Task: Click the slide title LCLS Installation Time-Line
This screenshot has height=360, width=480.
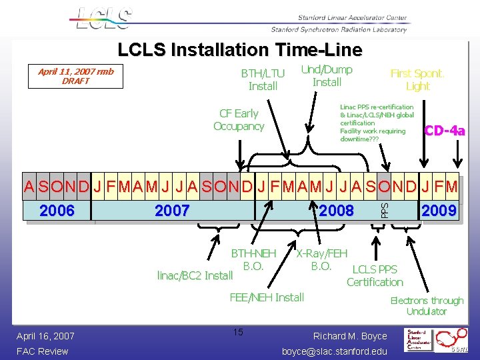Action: [240, 50]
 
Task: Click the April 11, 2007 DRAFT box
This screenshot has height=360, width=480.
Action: [75, 76]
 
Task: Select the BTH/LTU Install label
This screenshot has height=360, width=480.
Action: [263, 79]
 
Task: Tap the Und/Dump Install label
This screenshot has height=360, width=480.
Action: [327, 76]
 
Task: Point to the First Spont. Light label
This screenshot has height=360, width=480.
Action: [417, 79]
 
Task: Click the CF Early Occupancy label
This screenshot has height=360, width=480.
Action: [239, 120]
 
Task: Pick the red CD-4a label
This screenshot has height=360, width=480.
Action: [445, 131]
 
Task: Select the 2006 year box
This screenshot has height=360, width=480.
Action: [57, 211]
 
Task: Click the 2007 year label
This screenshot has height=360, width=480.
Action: [172, 211]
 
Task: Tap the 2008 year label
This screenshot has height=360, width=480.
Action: [336, 211]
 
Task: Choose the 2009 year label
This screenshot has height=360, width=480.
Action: [439, 211]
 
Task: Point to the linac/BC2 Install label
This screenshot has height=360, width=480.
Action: [195, 275]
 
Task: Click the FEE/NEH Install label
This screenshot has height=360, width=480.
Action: [266, 297]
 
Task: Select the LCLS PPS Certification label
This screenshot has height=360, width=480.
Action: [375, 275]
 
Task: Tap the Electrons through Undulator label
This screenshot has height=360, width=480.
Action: [427, 306]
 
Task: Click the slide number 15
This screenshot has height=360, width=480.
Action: [239, 331]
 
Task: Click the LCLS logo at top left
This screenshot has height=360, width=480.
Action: [104, 19]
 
